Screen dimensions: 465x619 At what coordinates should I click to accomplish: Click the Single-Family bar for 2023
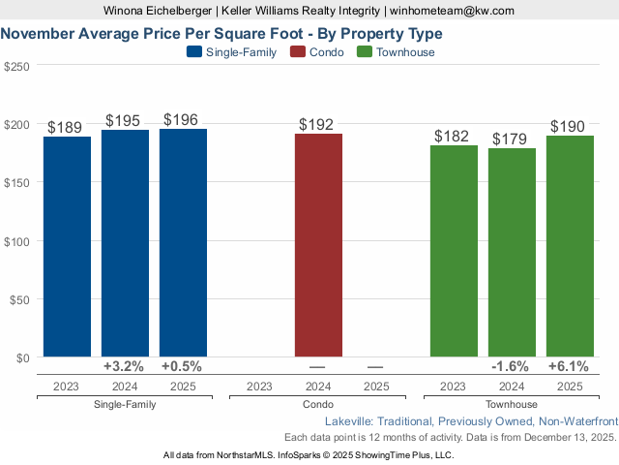click(67, 246)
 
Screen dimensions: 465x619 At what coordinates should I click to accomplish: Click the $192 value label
click(318, 124)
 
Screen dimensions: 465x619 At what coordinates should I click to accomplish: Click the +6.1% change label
click(569, 367)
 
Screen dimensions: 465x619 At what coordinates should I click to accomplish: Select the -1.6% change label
click(511, 367)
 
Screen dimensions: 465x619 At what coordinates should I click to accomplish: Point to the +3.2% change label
click(124, 367)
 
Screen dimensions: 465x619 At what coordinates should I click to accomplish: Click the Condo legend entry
click(318, 52)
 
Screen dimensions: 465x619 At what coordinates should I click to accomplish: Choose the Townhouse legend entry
click(398, 52)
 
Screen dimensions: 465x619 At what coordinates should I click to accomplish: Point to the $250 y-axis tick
click(16, 67)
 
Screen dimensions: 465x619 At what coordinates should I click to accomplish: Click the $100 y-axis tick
click(16, 241)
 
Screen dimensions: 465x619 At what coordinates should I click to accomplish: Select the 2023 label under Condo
click(259, 386)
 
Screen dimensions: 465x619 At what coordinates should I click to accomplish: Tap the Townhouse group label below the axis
click(511, 404)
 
